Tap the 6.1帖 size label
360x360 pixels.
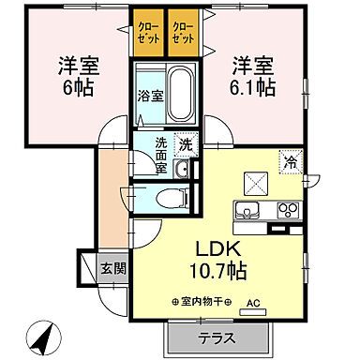[x=255, y=87]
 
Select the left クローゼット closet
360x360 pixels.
[x=148, y=34]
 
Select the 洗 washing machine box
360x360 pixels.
[x=188, y=145]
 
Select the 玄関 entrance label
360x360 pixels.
[x=112, y=266]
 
